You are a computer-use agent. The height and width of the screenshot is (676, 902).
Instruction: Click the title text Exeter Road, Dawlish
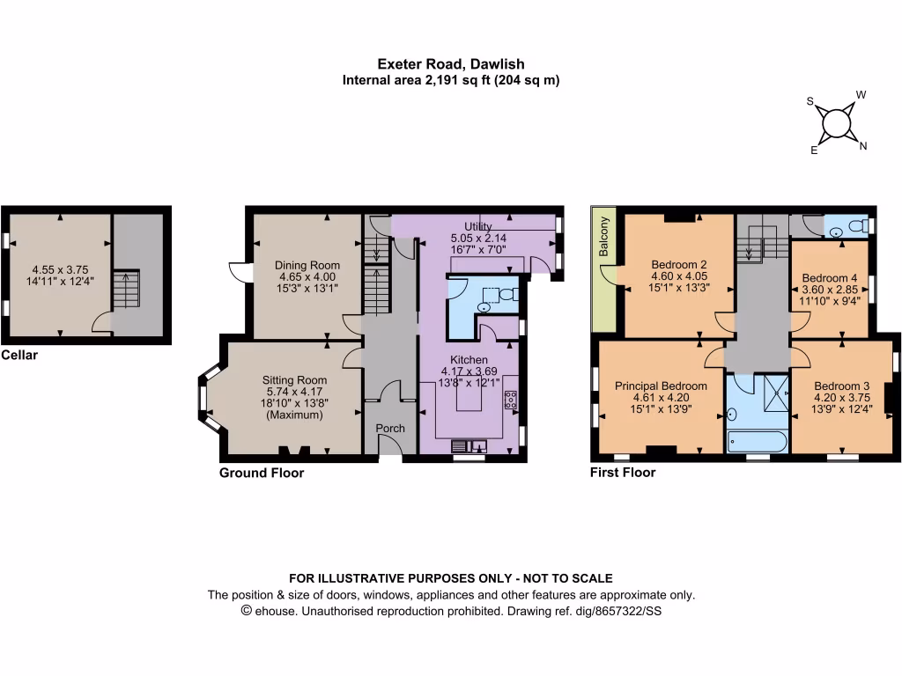[450, 63]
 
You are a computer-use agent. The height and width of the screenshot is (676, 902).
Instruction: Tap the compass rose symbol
[835, 125]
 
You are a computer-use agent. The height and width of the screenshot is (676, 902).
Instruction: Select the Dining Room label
[307, 265]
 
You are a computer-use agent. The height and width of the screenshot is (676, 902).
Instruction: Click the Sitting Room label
[294, 380]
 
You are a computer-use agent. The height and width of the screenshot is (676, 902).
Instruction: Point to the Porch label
[390, 429]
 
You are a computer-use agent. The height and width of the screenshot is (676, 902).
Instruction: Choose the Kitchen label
[469, 360]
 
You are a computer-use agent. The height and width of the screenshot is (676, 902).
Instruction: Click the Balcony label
[604, 237]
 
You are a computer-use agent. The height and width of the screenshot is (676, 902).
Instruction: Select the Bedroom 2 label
[679, 264]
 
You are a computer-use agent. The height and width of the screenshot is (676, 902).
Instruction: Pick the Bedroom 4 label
[829, 278]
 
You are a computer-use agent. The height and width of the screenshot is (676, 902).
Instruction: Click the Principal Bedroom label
[661, 386]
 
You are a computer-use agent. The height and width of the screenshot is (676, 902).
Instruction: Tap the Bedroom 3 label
[841, 386]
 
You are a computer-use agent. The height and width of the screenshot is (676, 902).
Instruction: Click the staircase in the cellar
[128, 290]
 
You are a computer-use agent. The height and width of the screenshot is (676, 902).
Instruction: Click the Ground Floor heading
[262, 473]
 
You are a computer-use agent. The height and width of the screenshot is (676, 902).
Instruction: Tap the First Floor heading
[622, 473]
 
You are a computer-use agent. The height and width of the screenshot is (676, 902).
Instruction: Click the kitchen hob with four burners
[510, 399]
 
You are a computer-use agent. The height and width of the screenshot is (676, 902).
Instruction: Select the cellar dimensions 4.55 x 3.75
[61, 270]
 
